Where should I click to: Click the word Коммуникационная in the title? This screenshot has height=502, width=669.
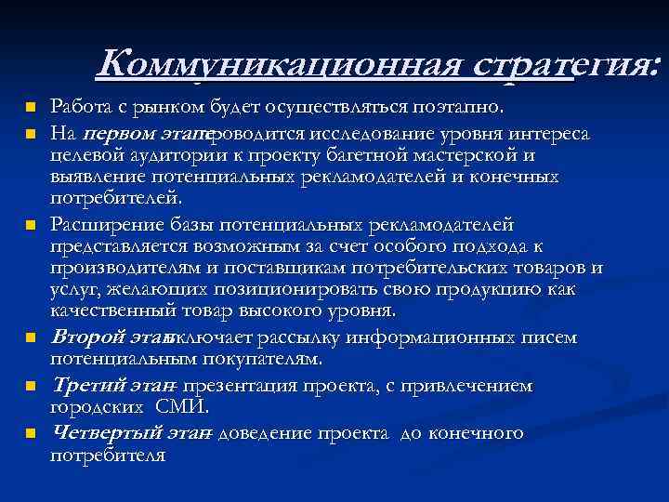coord(280,66)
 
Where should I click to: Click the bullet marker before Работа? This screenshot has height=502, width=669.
coord(31,105)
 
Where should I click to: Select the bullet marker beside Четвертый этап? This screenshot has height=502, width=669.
coord(31,433)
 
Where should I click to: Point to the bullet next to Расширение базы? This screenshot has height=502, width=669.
coord(31,226)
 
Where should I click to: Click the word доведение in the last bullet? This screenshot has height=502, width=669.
coord(265,433)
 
